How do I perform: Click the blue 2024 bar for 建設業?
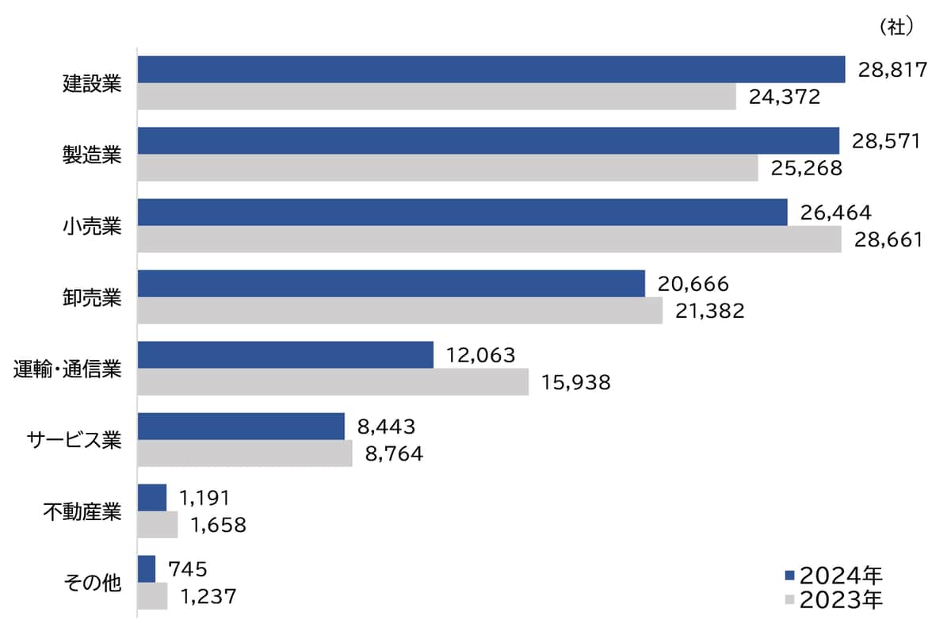(x=491, y=70)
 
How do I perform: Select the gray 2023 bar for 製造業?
(x=448, y=168)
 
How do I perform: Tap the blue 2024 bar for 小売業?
(x=462, y=212)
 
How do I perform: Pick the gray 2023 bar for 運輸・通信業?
(x=333, y=382)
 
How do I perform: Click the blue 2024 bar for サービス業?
(x=241, y=427)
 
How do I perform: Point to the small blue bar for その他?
(x=147, y=569)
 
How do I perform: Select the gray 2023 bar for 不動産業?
(x=158, y=525)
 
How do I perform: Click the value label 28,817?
(x=892, y=71)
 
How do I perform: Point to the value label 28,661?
(x=888, y=240)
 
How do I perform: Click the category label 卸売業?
(x=92, y=297)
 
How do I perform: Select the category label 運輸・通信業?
(x=68, y=369)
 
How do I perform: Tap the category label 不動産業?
(x=82, y=511)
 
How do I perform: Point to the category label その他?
(x=92, y=583)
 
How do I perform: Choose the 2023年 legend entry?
(x=832, y=600)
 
